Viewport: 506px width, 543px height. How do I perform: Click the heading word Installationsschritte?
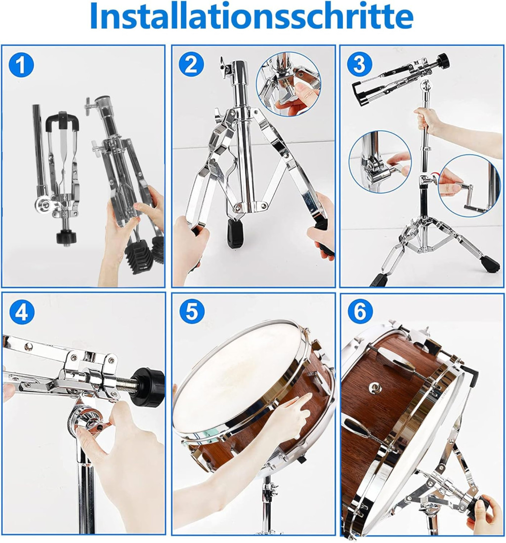252,17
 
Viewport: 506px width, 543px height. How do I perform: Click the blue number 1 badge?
21,64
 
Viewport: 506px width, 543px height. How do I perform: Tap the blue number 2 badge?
191,64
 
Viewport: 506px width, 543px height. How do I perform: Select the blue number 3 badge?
359,64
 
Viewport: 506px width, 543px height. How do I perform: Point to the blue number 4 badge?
21,312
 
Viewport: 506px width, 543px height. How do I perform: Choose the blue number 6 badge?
360,311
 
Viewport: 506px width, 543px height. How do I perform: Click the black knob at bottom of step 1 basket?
66,237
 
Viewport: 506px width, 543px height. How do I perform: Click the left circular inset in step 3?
380,162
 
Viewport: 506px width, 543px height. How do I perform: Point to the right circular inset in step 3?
469,186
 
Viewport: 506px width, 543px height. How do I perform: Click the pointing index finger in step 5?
305,404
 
